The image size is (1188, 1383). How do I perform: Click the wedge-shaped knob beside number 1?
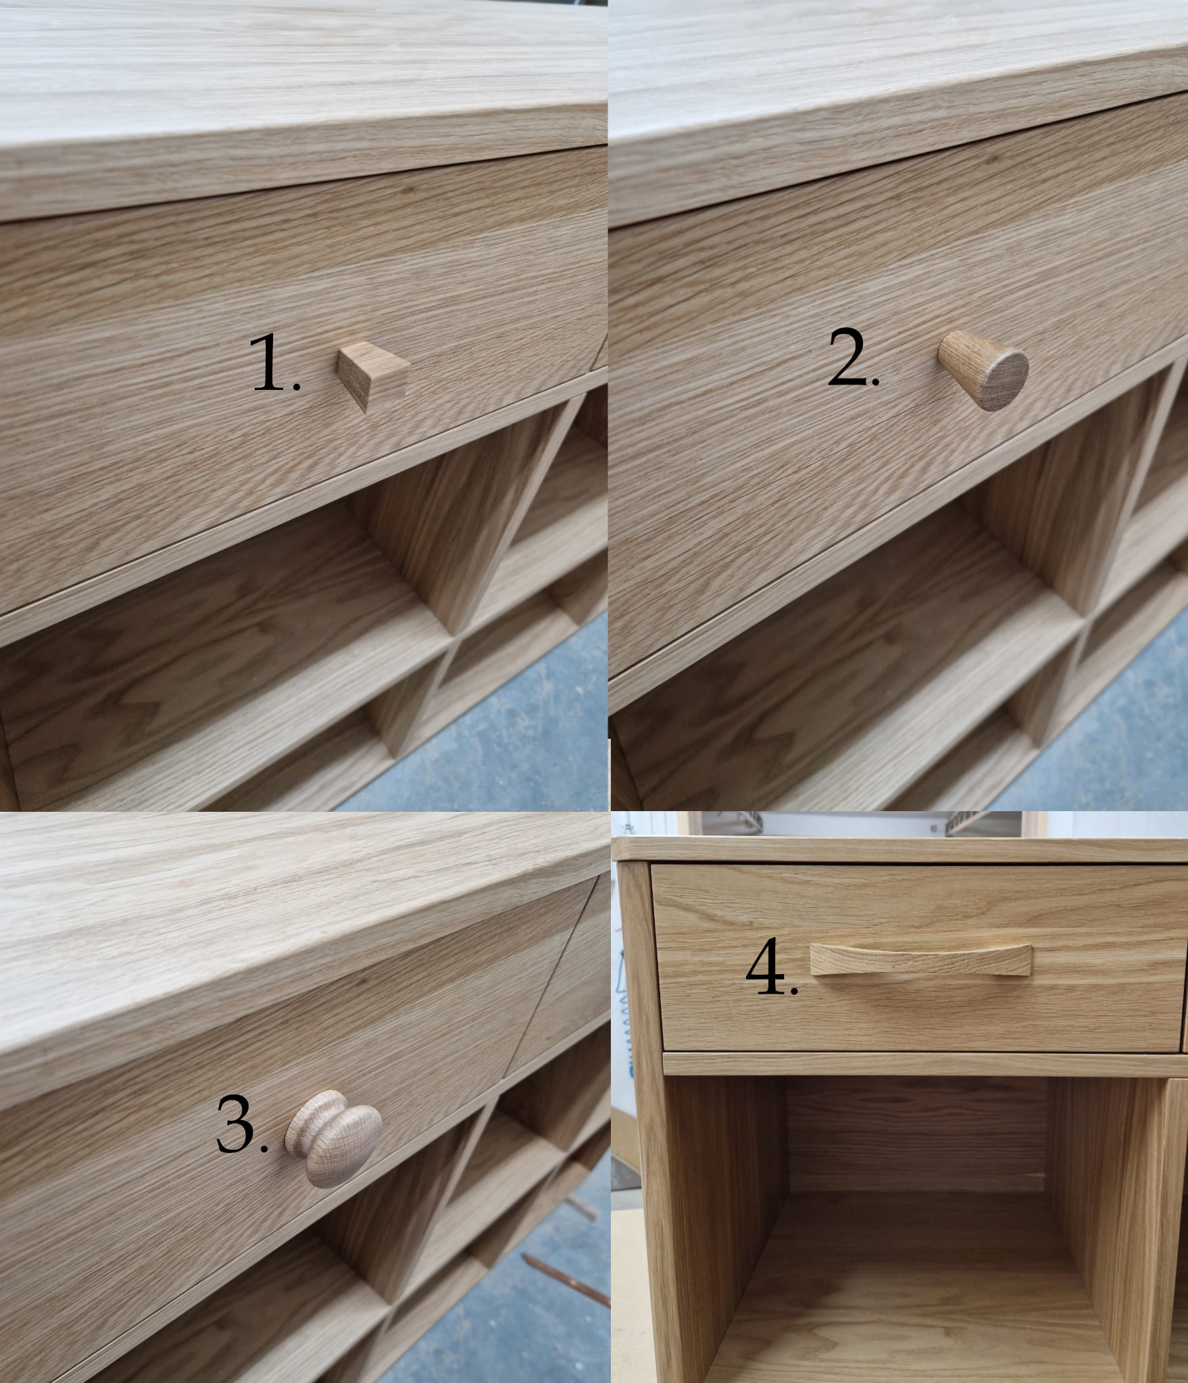(x=373, y=374)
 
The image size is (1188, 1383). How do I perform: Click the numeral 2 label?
(x=853, y=359)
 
